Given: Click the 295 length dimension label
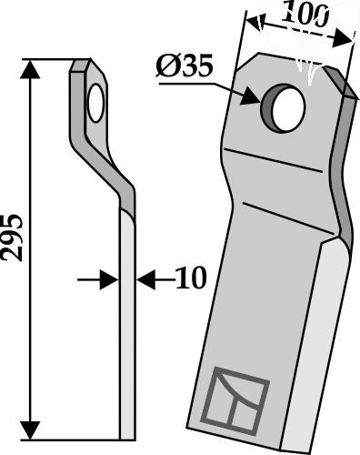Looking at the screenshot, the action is tap(12, 238).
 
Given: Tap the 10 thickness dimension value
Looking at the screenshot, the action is tap(191, 278).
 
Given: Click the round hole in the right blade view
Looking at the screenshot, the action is tap(283, 108).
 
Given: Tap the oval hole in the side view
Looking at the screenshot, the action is tap(96, 103).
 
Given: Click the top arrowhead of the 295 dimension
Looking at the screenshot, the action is tap(30, 69).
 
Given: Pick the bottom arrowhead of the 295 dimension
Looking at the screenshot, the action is tap(30, 430).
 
